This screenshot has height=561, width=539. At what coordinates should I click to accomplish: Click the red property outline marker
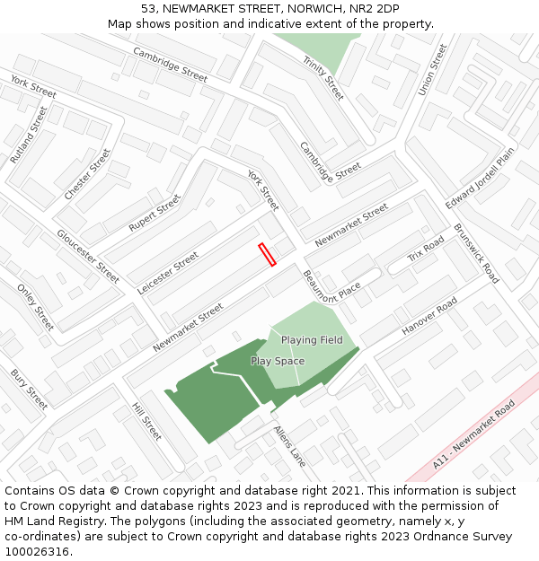(x=267, y=255)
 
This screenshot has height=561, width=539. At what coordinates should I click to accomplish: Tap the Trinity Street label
(x=323, y=77)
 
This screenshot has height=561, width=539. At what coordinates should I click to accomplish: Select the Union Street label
(x=432, y=70)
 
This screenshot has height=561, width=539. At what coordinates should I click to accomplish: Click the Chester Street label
(x=87, y=174)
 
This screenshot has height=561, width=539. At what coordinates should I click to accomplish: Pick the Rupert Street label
(x=155, y=213)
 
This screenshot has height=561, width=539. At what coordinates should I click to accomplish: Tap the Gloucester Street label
(x=88, y=256)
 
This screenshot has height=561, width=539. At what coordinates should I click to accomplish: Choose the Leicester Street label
(x=168, y=273)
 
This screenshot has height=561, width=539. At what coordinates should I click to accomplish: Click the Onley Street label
(x=36, y=306)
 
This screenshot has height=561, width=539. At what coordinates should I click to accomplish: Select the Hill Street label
(x=146, y=421)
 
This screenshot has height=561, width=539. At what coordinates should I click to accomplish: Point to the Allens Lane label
(x=290, y=445)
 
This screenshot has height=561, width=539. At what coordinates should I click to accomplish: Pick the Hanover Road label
(x=429, y=318)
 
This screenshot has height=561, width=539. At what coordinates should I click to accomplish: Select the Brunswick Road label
(x=476, y=253)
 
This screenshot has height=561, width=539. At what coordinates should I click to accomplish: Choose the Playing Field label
(x=312, y=340)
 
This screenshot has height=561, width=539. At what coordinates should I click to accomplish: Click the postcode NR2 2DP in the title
(x=376, y=8)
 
